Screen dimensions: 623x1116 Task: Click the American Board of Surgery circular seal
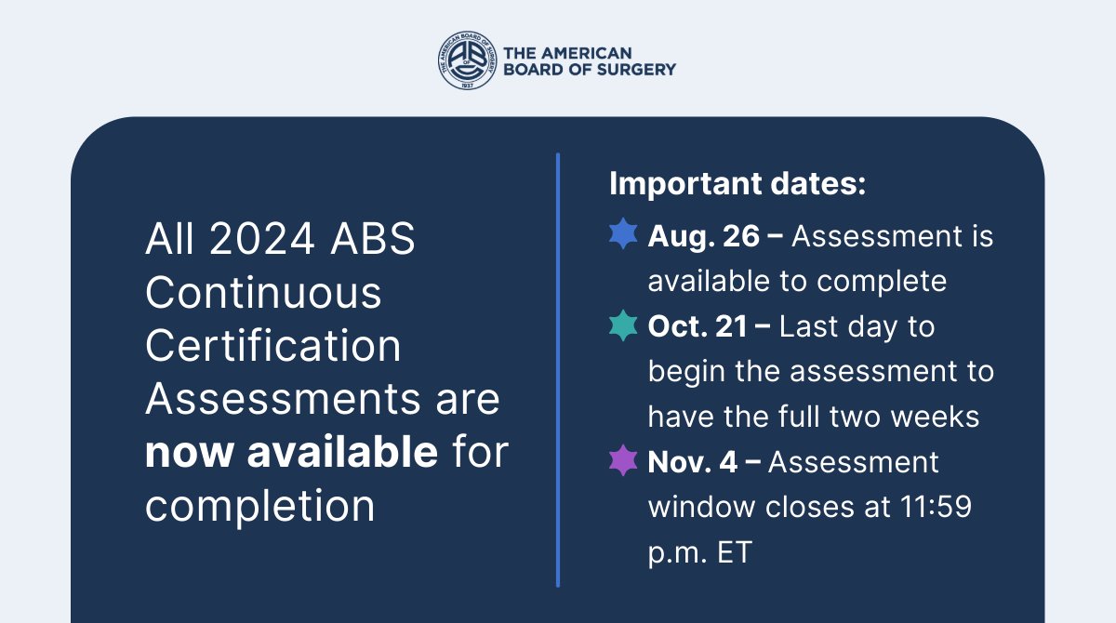(x=467, y=60)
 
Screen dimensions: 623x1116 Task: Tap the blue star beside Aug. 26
(x=623, y=236)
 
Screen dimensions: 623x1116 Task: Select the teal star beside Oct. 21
(x=623, y=326)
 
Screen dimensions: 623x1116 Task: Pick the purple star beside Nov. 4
(x=623, y=462)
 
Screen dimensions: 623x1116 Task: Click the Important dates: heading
(x=737, y=183)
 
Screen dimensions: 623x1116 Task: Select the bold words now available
(x=291, y=453)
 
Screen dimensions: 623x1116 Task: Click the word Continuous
(x=263, y=293)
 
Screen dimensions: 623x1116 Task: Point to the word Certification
(x=273, y=346)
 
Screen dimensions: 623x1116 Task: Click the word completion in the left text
(x=260, y=506)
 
